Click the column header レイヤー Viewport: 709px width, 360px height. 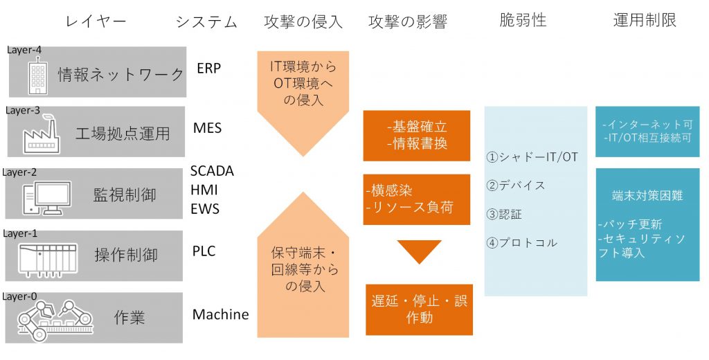click(96, 21)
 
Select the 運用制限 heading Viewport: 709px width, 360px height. click(645, 20)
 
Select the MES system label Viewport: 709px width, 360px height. click(208, 128)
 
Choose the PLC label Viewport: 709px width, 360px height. click(204, 251)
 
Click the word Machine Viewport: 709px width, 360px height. click(220, 314)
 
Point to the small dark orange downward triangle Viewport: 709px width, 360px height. click(418, 251)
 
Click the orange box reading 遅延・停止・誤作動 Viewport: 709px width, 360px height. click(418, 309)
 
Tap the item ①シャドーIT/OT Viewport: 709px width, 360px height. click(532, 157)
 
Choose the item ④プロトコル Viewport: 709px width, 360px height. click(522, 242)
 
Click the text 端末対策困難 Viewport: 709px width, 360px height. click(647, 196)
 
